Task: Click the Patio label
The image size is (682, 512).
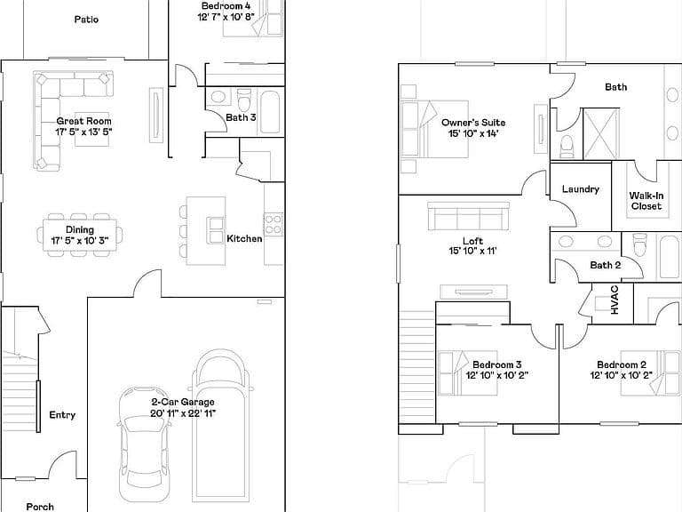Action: coord(86,20)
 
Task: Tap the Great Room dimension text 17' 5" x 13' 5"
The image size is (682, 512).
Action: coord(83,132)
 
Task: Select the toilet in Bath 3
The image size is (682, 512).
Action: coord(244,100)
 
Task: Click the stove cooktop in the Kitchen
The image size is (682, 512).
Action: coord(274,224)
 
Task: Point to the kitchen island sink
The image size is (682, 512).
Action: coord(216,230)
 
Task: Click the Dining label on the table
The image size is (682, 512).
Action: coord(80,229)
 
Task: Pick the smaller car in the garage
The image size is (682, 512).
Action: coord(144,444)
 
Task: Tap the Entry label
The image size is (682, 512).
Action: coord(62,415)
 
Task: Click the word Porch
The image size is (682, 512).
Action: coord(40,507)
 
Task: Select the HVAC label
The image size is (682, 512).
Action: coord(615,300)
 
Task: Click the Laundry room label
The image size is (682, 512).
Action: coord(581,189)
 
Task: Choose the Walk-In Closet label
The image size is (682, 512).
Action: coord(646,201)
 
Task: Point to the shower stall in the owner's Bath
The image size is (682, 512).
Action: coord(600,133)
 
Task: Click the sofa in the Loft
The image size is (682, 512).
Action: coord(469,216)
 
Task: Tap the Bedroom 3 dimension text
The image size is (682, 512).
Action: coord(496,375)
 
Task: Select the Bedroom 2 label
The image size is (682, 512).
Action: coord(621,364)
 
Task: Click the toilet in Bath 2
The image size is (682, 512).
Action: coord(640,244)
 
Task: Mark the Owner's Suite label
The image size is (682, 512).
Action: coord(473,123)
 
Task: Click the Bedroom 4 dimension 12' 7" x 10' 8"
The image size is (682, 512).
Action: coord(226,17)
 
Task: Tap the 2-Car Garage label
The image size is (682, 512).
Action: coord(183,402)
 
